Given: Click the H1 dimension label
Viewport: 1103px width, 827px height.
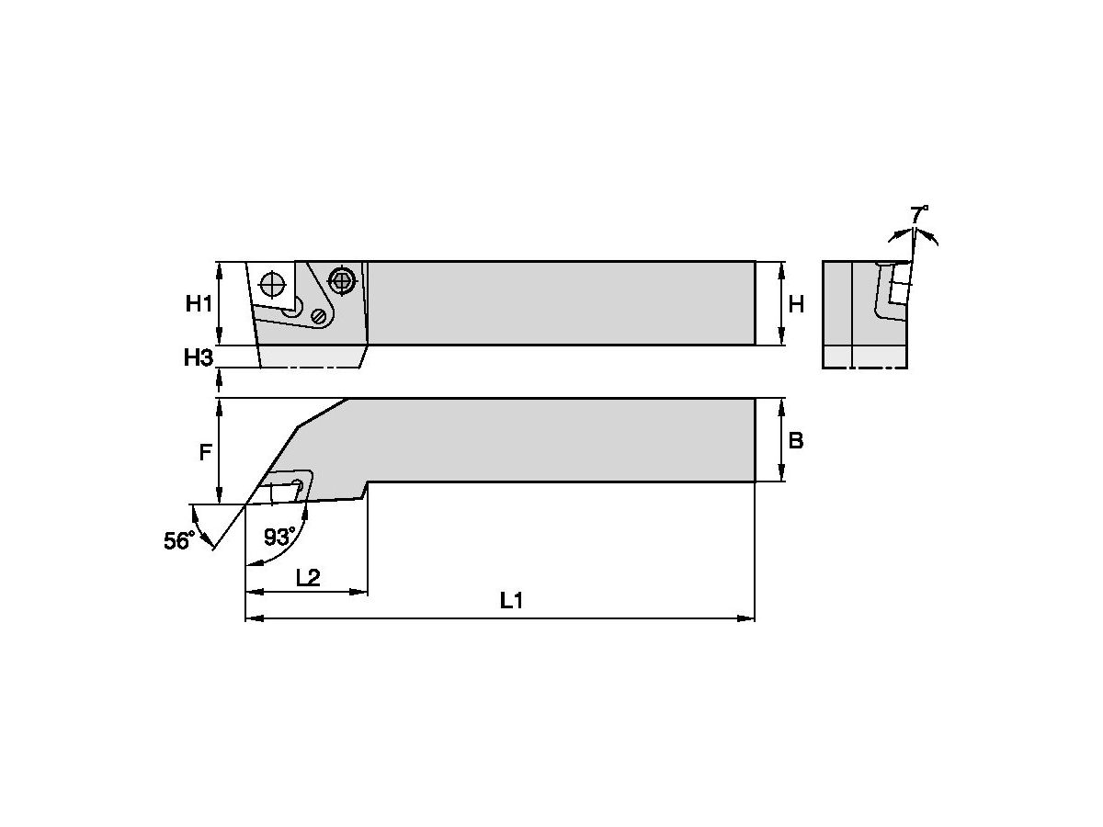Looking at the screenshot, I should click(x=199, y=303).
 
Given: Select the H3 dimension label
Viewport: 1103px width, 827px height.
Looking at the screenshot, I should click(x=198, y=357).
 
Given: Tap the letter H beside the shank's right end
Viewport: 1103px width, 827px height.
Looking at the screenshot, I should click(x=796, y=303).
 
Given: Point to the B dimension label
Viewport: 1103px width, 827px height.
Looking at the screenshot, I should click(x=796, y=440).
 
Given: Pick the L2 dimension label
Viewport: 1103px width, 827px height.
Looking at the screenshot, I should click(x=307, y=577).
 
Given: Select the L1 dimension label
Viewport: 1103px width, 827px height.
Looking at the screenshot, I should click(x=511, y=601).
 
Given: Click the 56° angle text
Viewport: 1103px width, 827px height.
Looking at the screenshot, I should click(x=177, y=540).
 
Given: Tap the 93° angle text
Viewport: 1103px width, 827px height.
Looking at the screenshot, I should click(x=279, y=537).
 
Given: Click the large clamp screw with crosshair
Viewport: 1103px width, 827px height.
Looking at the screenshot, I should click(x=342, y=280).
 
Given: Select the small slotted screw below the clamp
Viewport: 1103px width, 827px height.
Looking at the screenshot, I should click(x=319, y=315).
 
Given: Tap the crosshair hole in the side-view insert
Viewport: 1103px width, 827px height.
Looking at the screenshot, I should click(x=273, y=283).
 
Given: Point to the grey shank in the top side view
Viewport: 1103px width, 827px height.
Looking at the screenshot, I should click(x=561, y=303).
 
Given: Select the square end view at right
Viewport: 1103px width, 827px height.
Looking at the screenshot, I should click(x=864, y=314).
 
